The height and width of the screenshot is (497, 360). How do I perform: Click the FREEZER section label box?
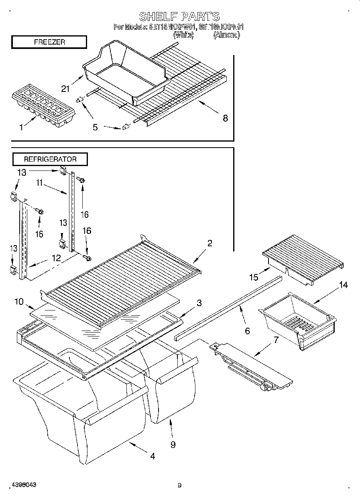[x=49, y=42]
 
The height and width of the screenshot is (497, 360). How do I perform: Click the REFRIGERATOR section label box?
[x=50, y=159]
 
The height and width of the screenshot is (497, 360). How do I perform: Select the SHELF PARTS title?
[x=179, y=16]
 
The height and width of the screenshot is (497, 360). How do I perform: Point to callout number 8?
[x=225, y=118]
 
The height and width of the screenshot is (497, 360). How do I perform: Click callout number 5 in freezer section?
[x=95, y=127]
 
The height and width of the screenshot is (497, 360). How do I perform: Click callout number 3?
[x=199, y=303]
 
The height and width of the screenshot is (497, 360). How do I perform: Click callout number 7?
[x=275, y=340]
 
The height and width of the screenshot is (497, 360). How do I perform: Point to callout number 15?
[x=253, y=277]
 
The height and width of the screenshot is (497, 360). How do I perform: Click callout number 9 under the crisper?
[x=173, y=444]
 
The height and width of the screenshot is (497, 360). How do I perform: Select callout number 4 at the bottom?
[x=153, y=456]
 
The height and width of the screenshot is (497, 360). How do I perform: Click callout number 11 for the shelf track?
[x=39, y=183]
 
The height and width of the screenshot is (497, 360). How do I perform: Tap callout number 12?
[x=56, y=258]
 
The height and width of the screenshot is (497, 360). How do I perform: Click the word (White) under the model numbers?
[x=183, y=35]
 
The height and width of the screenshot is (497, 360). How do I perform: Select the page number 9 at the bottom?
[x=179, y=485]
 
